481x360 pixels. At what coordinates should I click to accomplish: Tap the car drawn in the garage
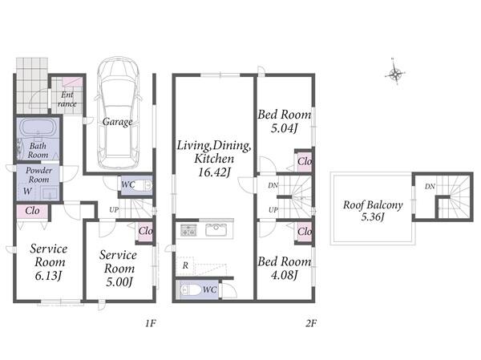tap(119, 113)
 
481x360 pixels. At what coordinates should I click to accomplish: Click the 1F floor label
tap(151, 323)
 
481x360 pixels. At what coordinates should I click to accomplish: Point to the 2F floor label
tap(311, 323)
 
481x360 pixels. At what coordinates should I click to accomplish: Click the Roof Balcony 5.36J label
tap(373, 211)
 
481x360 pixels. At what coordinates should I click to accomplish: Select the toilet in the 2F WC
tap(188, 290)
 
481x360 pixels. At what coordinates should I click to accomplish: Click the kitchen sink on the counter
tap(216, 230)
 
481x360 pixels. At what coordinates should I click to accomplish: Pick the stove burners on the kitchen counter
tap(188, 230)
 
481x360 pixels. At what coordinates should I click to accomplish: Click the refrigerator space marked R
tap(185, 265)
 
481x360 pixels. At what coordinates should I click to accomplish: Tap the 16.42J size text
tap(214, 172)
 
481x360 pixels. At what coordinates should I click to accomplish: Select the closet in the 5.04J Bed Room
tap(304, 161)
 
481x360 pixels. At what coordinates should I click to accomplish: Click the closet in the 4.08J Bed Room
tap(305, 232)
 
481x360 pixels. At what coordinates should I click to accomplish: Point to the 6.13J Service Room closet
tap(32, 211)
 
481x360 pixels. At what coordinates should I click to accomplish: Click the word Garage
tap(118, 122)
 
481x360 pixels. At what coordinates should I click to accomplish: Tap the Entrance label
tap(67, 99)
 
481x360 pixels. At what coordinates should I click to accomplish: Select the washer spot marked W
tap(27, 191)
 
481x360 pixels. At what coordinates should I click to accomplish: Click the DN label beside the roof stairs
tap(430, 186)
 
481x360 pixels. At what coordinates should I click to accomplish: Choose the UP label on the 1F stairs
tap(114, 210)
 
